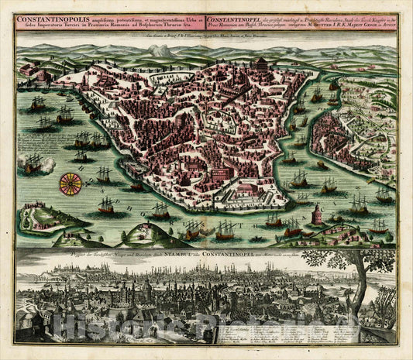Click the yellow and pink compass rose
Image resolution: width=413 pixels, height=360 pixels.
(x=71, y=183)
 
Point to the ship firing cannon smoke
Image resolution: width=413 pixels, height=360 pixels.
(x=34, y=163)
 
